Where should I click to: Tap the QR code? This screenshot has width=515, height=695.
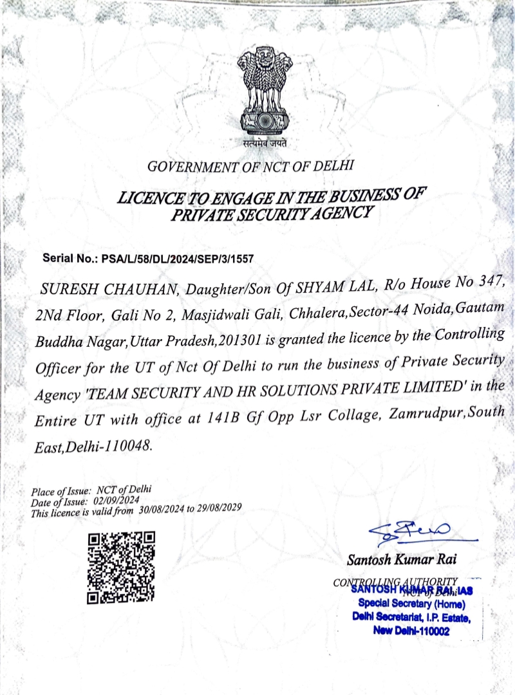(121, 568)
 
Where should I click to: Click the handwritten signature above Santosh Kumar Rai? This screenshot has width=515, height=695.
(412, 532)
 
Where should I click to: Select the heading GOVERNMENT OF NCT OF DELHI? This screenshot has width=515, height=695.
(251, 166)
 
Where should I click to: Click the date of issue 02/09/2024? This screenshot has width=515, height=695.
(117, 499)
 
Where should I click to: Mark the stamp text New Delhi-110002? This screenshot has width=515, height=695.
(412, 631)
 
